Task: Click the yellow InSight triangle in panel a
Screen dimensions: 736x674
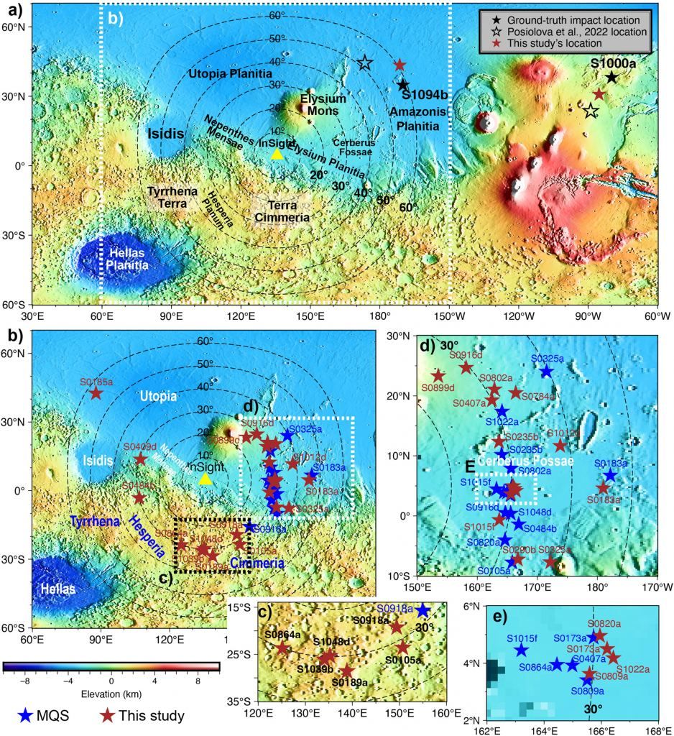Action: tap(277, 154)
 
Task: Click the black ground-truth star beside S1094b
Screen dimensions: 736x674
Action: tap(404, 86)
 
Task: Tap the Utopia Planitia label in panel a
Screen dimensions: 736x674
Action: tap(230, 74)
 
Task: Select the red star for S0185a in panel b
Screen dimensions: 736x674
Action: tap(96, 393)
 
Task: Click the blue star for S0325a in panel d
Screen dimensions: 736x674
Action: tap(546, 372)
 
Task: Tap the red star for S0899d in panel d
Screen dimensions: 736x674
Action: tap(438, 375)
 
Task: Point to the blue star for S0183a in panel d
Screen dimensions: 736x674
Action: tap(609, 475)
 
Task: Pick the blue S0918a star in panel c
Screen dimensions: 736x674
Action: tap(423, 610)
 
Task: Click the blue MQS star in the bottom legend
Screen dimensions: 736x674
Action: tap(26, 715)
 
